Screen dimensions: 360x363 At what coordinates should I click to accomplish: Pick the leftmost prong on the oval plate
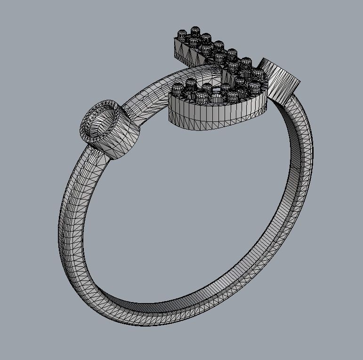[x=177, y=89]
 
